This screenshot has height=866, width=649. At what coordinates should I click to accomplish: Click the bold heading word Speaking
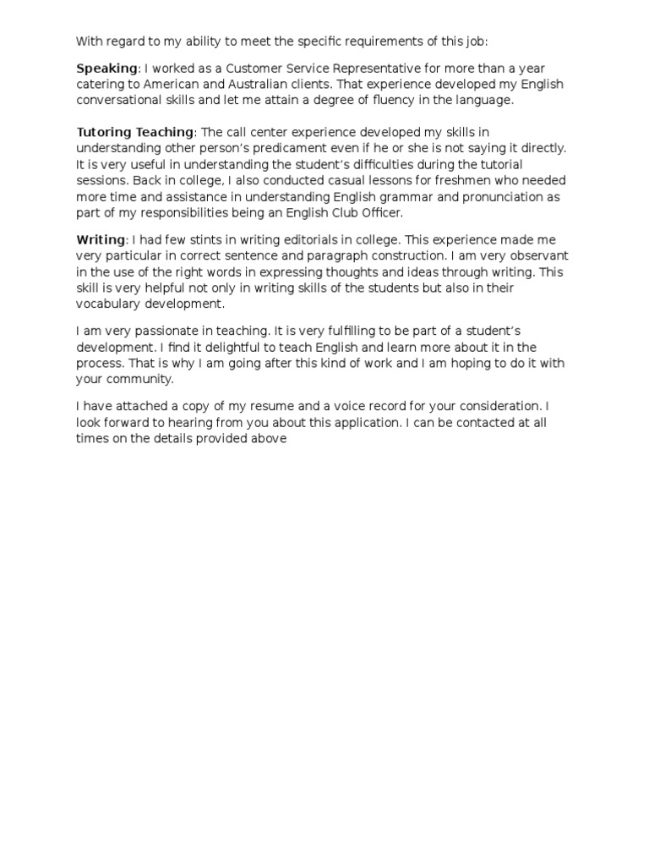(106, 69)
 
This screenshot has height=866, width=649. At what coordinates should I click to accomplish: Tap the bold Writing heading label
(101, 241)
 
